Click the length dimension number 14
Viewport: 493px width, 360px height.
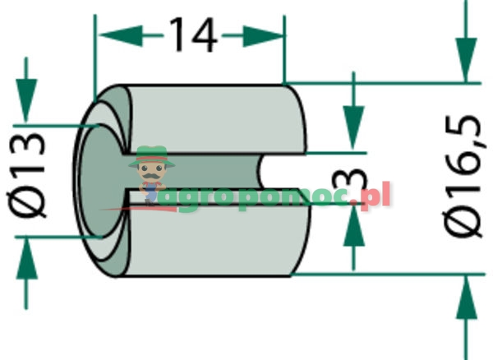tap(192, 35)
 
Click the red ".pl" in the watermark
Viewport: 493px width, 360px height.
tap(376, 198)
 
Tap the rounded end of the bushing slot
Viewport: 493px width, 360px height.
tap(265, 173)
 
